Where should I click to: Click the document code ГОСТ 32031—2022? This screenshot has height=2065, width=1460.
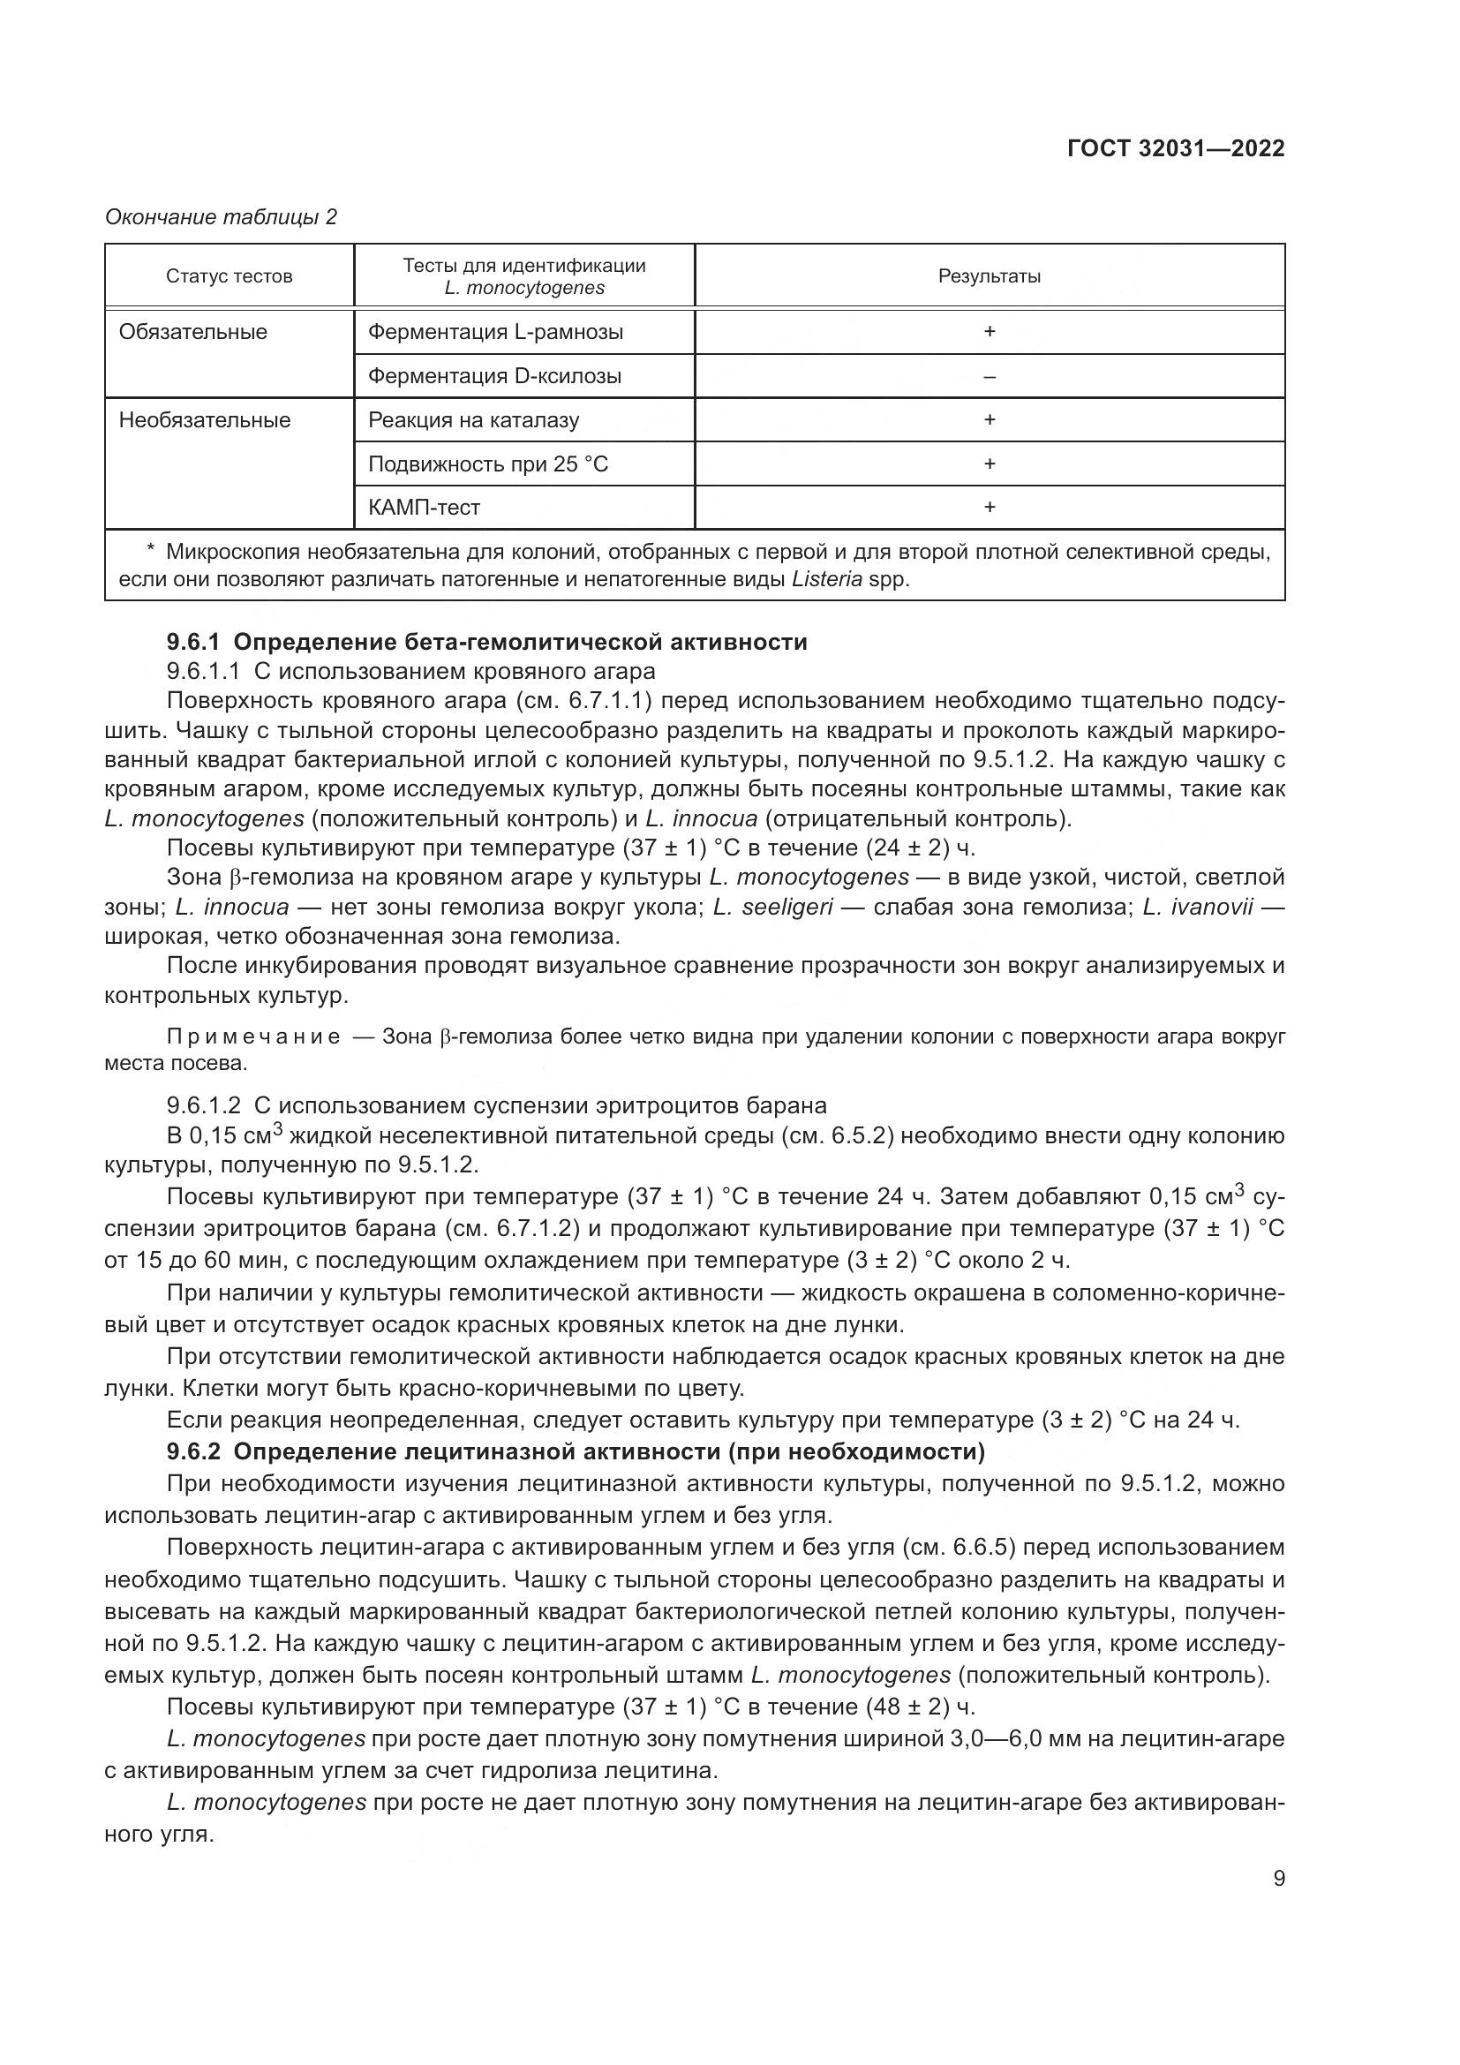coord(1175,148)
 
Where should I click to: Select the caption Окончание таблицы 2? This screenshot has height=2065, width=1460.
coord(222,217)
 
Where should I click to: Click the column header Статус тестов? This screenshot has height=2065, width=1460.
coord(230,276)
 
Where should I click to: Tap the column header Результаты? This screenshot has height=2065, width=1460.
coord(989,276)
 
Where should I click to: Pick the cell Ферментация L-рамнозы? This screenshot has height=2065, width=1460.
coord(495,332)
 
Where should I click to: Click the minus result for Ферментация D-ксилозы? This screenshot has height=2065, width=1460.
coord(989,376)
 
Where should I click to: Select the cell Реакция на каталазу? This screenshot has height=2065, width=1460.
coord(474,420)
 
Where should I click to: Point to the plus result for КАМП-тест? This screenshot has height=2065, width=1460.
coord(989,508)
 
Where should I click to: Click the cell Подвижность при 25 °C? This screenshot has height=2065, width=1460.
coord(488,464)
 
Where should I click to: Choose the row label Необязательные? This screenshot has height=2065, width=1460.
coord(205,420)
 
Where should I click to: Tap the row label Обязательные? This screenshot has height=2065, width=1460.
coord(193,332)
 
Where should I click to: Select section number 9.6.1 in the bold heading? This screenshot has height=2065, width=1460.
coord(194,642)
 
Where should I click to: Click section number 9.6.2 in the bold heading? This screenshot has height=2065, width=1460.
coord(194,1451)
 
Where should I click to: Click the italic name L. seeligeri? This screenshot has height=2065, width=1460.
coord(773,907)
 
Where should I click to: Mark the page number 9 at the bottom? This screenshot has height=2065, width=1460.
coord(1278,1879)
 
